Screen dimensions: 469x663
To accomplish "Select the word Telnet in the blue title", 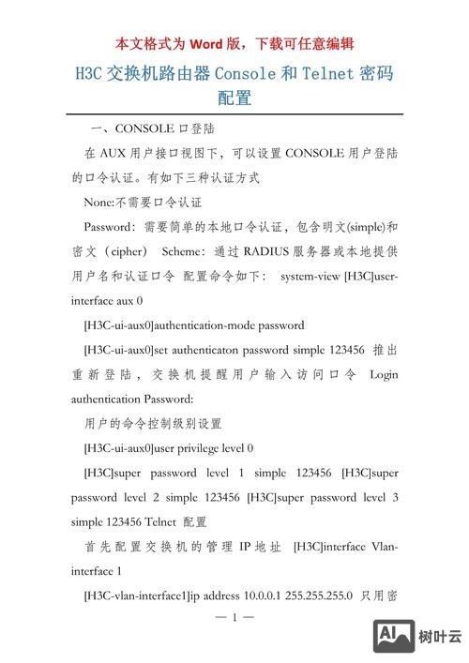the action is pos(328,72).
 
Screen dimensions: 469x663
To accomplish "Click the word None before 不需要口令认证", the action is pos(98,202).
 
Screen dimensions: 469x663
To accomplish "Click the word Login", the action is pos(385,375).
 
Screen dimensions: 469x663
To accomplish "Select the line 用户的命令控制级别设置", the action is pos(152,424).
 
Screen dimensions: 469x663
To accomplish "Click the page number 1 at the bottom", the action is pos(235,618).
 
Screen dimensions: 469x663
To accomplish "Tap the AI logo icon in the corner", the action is pos(394,635).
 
